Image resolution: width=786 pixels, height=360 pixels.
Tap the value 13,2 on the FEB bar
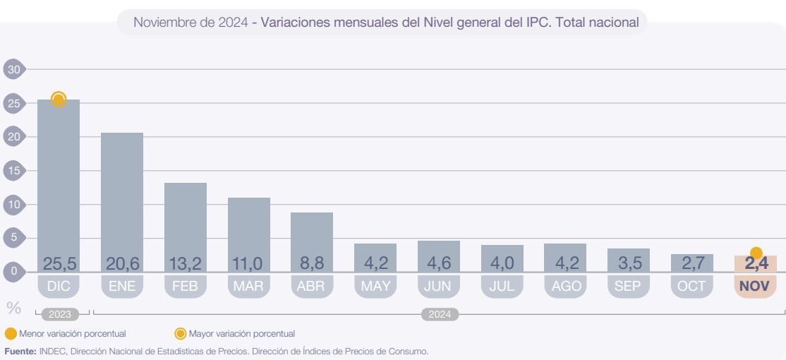pyautogui.click(x=186, y=264)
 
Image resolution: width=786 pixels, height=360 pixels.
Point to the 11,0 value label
pyautogui.click(x=248, y=264)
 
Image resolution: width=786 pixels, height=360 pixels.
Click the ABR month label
pyautogui.click(x=312, y=286)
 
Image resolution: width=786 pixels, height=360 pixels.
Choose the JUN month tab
pyautogui.click(x=439, y=286)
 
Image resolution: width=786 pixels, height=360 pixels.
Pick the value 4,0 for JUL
pyautogui.click(x=502, y=264)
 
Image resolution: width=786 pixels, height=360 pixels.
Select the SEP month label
pyautogui.click(x=629, y=286)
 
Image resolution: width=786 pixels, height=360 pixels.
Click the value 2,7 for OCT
pyautogui.click(x=692, y=264)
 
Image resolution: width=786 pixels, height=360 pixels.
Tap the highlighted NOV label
pyautogui.click(x=756, y=286)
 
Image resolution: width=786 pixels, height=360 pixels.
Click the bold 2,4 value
pyautogui.click(x=756, y=264)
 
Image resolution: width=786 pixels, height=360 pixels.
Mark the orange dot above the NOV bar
pyautogui.click(x=756, y=252)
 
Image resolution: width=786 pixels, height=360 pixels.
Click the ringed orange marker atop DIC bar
pyautogui.click(x=59, y=99)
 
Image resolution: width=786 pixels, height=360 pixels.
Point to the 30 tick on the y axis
pyautogui.click(x=13, y=69)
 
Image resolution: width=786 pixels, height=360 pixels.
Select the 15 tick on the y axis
pyautogui.click(x=13, y=170)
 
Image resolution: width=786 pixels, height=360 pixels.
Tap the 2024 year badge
pyautogui.click(x=439, y=314)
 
